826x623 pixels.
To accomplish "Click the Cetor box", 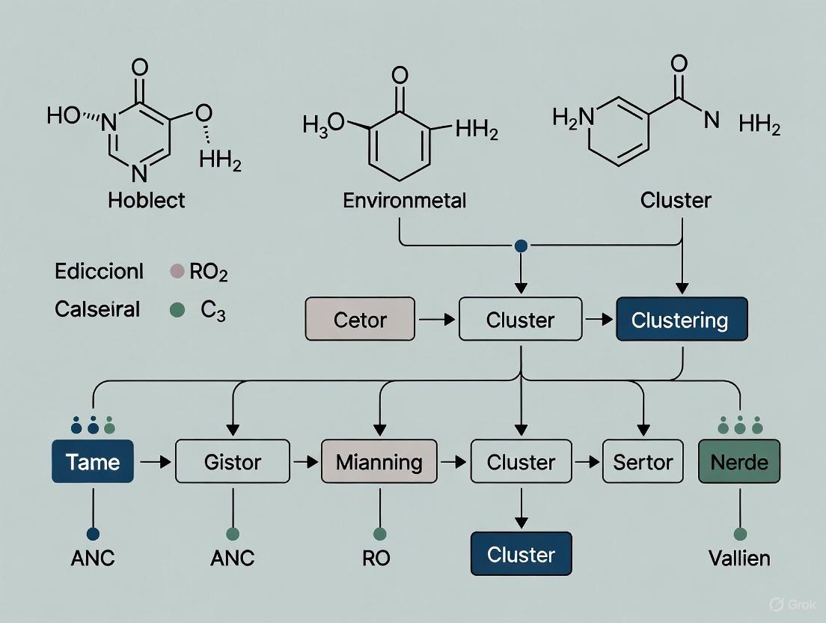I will [360, 319].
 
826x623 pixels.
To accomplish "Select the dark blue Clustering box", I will [681, 319].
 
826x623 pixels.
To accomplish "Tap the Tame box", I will [94, 461].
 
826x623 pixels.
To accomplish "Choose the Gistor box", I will [232, 461].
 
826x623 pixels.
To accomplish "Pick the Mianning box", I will [378, 461].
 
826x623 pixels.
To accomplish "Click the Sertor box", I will [643, 461].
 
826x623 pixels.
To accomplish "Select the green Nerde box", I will [738, 461].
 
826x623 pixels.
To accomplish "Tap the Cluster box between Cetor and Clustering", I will [520, 319].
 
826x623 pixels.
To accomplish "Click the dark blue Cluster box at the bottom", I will [521, 554].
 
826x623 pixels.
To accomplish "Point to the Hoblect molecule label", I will [147, 200].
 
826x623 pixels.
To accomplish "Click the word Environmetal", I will [404, 200].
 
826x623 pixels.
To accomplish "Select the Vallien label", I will [739, 559].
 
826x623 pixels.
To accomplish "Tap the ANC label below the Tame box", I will [94, 559].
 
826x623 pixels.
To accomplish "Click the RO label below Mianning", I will [377, 559].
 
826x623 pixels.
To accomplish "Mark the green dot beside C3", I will [177, 309].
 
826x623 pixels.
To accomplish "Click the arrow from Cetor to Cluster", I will [435, 320].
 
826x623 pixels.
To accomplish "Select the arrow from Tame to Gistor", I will [155, 462].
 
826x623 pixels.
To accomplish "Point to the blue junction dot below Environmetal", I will [521, 246].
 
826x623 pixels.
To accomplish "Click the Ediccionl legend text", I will [99, 271].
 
